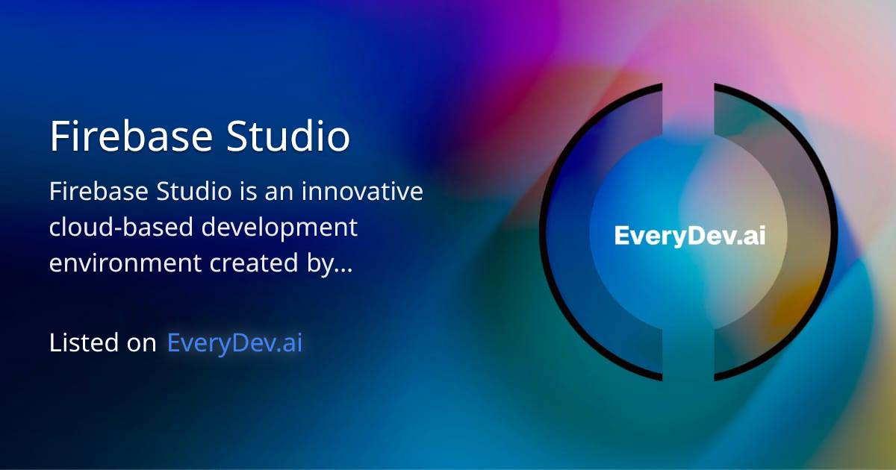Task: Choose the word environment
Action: point(125,263)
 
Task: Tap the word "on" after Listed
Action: point(140,343)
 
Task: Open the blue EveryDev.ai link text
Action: point(234,342)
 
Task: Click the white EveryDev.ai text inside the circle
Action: point(689,236)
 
